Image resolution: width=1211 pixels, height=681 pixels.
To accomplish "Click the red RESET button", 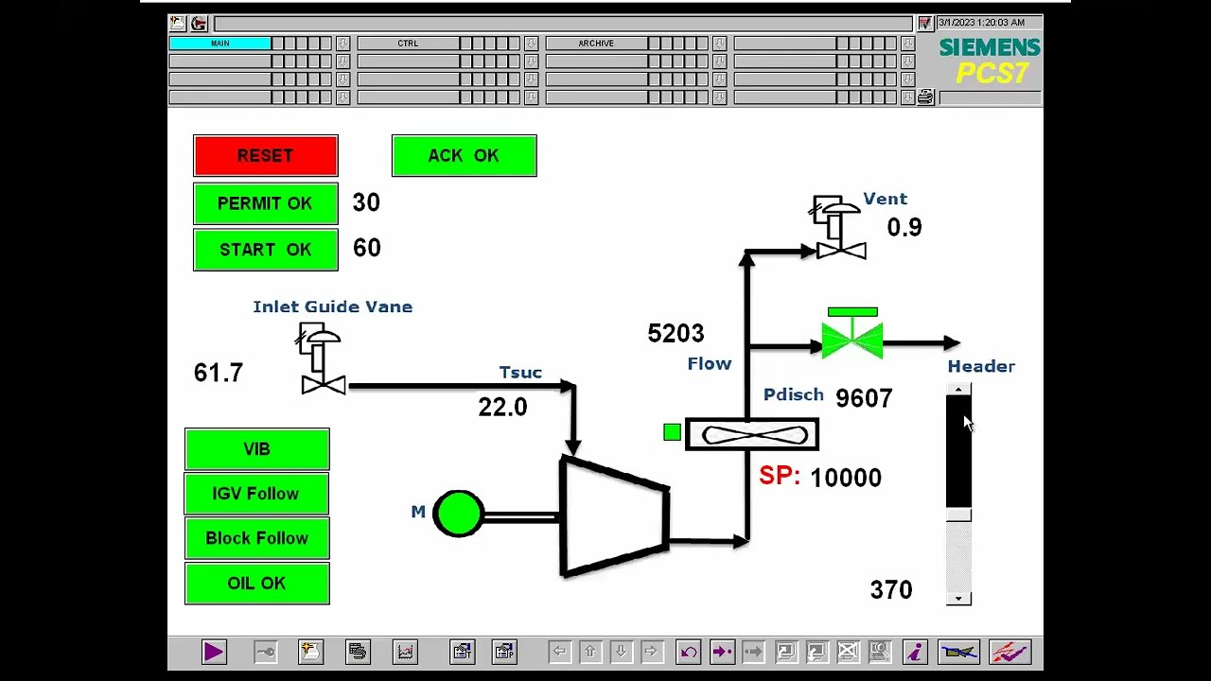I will [265, 156].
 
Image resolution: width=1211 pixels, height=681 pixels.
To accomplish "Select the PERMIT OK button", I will [265, 203].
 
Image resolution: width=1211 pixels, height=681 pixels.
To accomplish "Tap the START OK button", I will [265, 250].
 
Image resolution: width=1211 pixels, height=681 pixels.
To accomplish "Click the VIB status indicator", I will [256, 449].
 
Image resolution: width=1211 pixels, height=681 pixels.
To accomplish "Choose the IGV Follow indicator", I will [256, 494].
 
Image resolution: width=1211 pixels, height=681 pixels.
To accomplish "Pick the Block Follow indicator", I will [256, 538].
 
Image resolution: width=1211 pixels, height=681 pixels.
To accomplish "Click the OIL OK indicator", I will [256, 583].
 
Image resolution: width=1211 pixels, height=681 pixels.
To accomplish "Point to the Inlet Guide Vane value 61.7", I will [219, 373].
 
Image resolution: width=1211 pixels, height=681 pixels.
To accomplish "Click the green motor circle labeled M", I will [458, 514].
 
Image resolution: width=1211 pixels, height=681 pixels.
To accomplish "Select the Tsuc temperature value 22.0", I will [502, 408].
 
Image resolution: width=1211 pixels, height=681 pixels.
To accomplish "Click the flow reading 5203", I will [676, 334].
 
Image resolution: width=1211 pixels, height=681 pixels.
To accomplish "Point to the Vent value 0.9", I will [904, 228].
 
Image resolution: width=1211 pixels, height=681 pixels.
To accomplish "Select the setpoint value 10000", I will [846, 479].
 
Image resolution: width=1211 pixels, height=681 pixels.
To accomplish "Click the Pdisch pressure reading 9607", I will [864, 399].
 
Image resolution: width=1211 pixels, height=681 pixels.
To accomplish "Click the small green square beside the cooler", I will [672, 433].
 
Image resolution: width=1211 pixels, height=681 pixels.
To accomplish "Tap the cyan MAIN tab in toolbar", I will [219, 44].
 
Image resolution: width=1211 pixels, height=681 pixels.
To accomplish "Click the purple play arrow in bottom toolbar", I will [214, 652].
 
